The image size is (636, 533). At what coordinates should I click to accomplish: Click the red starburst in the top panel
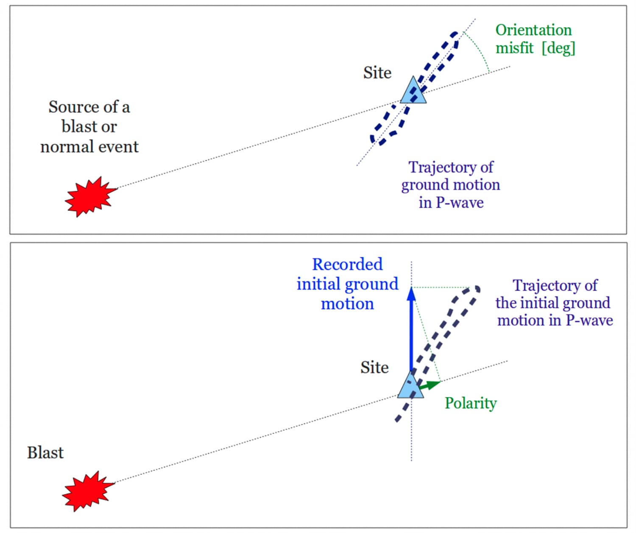(x=90, y=196)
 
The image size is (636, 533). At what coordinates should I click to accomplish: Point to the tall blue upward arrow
(x=411, y=331)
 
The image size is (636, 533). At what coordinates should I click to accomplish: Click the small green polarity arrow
(x=430, y=385)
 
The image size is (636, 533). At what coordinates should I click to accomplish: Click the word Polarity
(x=471, y=403)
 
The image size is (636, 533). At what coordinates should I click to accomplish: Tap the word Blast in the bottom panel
(x=45, y=453)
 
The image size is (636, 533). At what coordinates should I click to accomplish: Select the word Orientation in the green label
(x=533, y=30)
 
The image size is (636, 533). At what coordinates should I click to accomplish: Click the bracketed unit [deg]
(x=558, y=48)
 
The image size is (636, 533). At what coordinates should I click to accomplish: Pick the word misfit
(x=514, y=48)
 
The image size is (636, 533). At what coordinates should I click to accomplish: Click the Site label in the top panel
(x=377, y=73)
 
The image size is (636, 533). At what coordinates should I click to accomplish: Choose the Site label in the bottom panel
(x=374, y=368)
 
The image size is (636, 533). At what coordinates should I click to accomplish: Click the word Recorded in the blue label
(x=347, y=264)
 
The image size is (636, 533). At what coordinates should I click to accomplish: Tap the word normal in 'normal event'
(x=67, y=147)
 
